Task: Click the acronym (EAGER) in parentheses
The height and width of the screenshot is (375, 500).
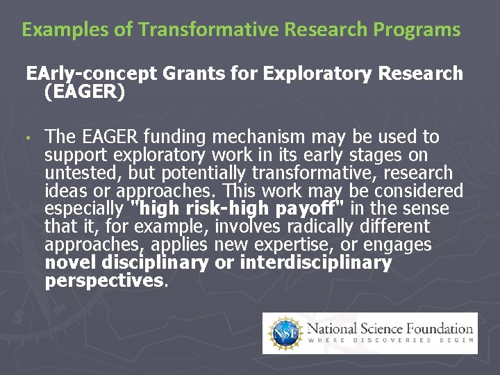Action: (x=84, y=92)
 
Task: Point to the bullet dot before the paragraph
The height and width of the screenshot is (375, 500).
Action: (x=28, y=137)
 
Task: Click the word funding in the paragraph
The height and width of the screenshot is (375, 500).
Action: (x=179, y=137)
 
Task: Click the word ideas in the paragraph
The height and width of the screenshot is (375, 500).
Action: (x=65, y=191)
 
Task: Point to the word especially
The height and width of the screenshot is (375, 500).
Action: (x=83, y=209)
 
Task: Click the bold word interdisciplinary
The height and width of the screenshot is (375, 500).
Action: (x=315, y=263)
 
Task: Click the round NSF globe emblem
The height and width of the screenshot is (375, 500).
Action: (x=284, y=333)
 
